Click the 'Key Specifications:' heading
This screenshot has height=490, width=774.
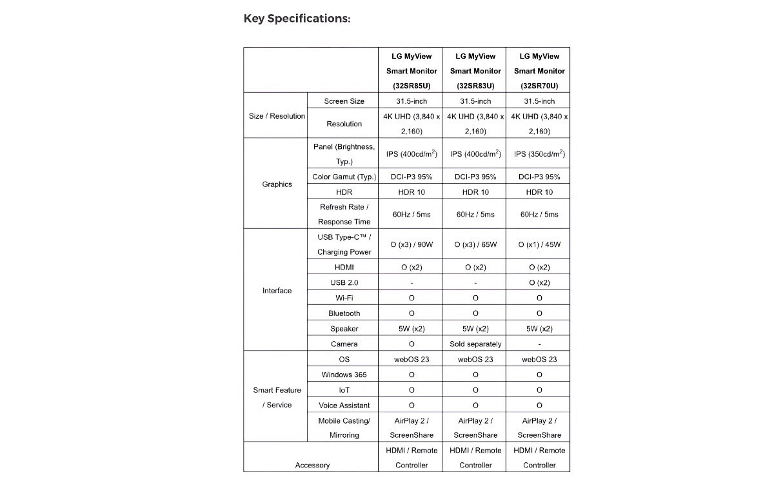(x=297, y=18)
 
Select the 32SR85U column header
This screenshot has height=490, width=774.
(x=412, y=71)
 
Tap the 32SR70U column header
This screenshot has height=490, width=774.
(x=539, y=71)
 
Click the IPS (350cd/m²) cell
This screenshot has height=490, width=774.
(x=539, y=154)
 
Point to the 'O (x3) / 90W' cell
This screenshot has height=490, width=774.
(x=412, y=244)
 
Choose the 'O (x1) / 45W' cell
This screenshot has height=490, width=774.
(x=539, y=244)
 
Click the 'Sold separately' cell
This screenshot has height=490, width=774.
(x=475, y=344)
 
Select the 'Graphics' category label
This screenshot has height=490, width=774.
(x=277, y=184)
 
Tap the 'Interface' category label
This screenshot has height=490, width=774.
(x=277, y=290)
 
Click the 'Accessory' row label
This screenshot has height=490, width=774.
(x=312, y=465)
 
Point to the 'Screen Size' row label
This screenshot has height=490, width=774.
(x=344, y=101)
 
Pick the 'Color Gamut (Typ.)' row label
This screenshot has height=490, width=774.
(x=344, y=177)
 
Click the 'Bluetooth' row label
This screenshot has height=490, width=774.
(x=344, y=313)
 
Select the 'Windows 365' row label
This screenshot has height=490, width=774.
(x=344, y=374)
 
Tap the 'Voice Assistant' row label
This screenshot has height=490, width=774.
(x=344, y=405)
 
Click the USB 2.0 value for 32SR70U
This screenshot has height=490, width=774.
(x=539, y=282)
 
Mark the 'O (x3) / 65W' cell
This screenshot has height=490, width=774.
(x=475, y=244)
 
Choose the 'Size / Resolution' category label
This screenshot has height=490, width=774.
(x=277, y=116)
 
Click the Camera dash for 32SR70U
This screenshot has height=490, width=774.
(x=539, y=344)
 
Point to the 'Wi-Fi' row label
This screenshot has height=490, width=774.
(x=344, y=298)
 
